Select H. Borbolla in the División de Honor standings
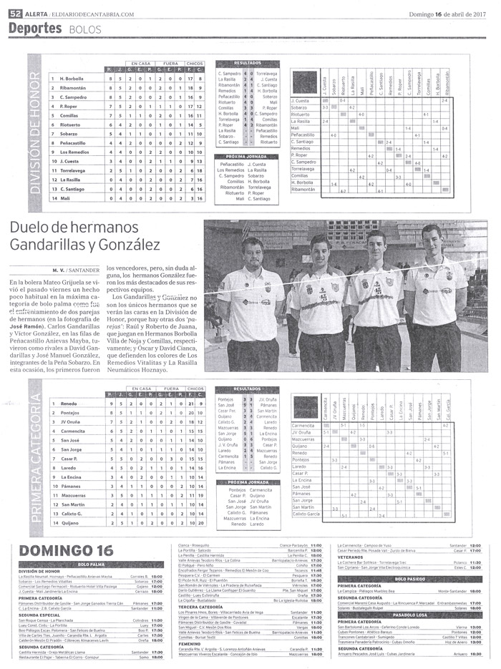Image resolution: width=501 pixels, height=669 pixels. pos(72,78)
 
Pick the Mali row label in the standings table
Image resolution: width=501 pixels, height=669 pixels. pos(65,198)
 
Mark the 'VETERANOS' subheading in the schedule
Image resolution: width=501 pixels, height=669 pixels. pos(351,557)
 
